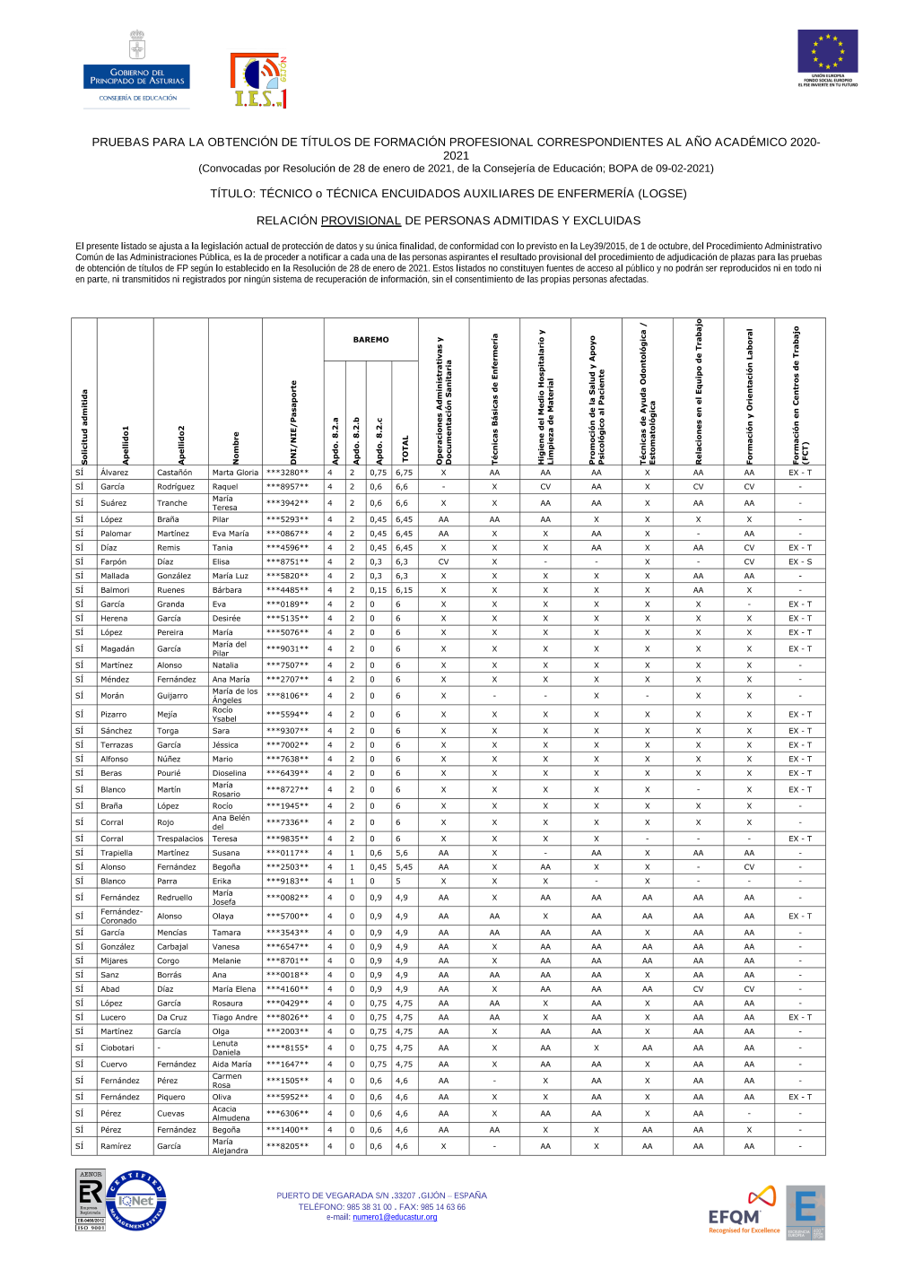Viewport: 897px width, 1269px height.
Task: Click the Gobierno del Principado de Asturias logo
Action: [136, 71]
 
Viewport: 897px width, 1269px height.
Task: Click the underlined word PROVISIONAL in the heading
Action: [361, 221]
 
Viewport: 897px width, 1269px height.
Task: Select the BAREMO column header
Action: [370, 340]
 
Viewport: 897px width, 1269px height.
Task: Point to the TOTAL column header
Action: [405, 448]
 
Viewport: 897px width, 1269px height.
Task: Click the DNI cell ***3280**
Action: [287, 473]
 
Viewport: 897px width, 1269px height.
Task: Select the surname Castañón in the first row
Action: [175, 473]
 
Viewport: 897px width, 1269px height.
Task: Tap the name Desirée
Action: [226, 619]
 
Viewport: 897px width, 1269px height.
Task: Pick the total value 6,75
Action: [405, 473]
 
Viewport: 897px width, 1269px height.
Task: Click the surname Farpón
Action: [114, 562]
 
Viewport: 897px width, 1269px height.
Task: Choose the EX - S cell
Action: [800, 562]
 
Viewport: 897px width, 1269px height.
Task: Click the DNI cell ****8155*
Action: [287, 1048]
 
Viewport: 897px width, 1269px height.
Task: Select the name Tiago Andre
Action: [234, 1018]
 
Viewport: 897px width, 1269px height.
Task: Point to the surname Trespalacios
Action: [180, 839]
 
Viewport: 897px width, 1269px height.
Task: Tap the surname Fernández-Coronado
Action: [122, 917]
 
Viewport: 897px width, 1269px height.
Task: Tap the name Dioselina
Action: [229, 773]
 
